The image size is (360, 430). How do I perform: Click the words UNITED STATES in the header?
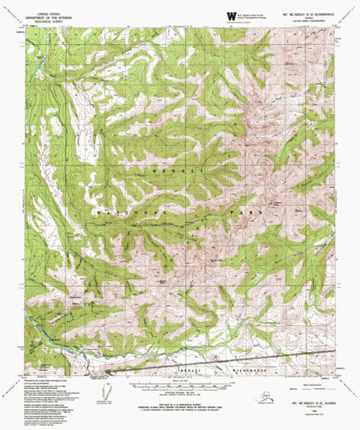click(46, 13)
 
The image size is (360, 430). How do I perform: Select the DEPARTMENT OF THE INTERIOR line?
click(46, 16)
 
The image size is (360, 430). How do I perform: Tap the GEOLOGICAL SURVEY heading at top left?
click(46, 21)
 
